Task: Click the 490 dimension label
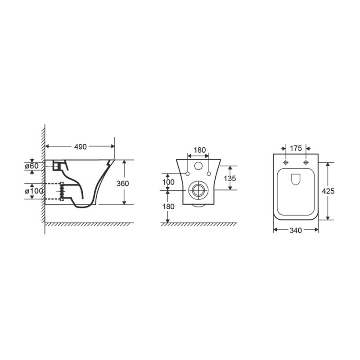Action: tap(81, 147)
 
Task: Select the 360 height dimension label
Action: tap(122, 184)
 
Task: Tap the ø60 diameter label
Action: tap(31, 166)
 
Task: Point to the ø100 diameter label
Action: tap(34, 191)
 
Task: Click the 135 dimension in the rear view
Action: tap(229, 178)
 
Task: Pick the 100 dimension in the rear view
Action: tap(168, 182)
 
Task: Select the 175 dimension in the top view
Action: tap(296, 148)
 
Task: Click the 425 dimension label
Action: tap(328, 191)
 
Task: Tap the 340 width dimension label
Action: tap(296, 230)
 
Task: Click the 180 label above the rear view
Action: tap(199, 150)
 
